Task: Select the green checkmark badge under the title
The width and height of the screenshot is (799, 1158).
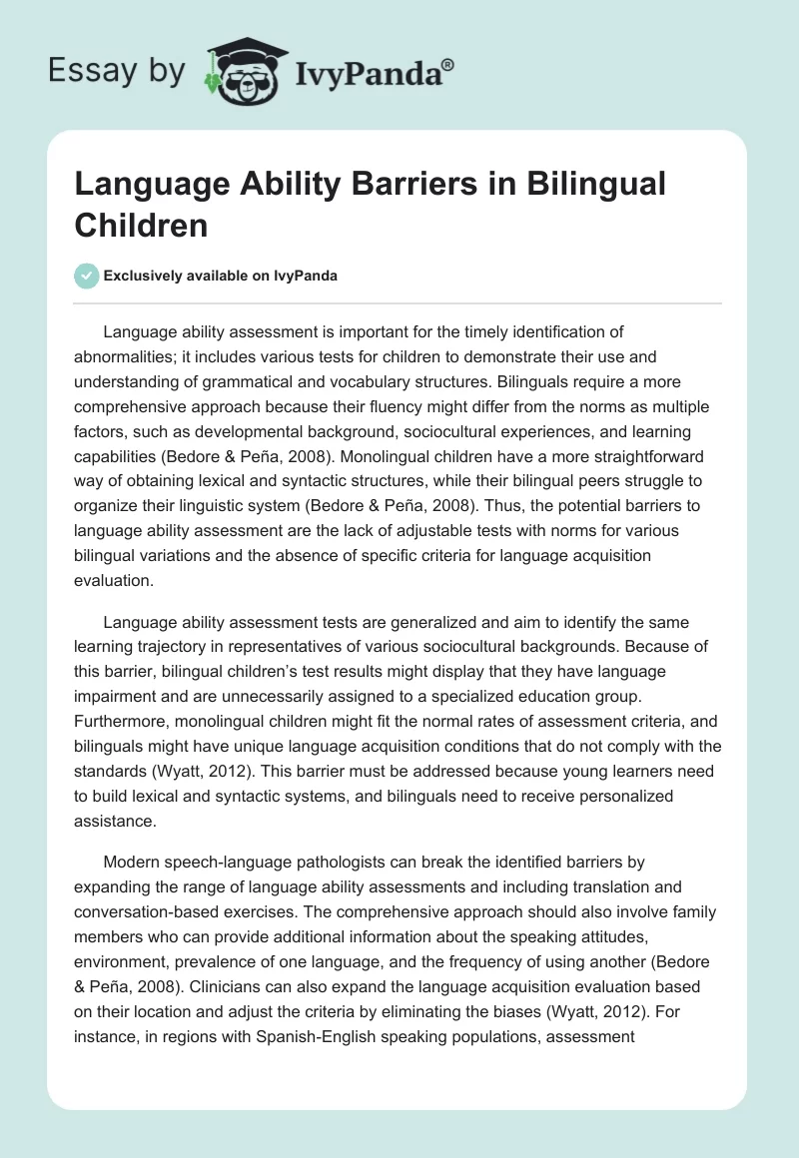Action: click(87, 276)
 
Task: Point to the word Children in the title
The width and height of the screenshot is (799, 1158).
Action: click(141, 225)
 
